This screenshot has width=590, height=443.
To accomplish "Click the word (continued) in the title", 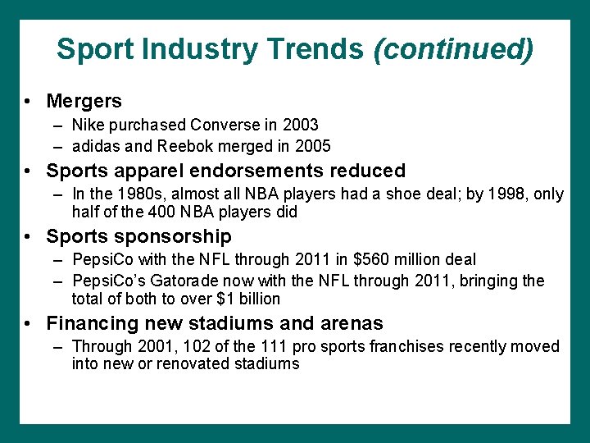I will tap(453, 49).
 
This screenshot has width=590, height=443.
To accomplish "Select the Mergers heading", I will tap(84, 101).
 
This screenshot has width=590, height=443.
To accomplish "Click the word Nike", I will tap(88, 125).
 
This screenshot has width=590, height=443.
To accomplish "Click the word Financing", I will tap(92, 323).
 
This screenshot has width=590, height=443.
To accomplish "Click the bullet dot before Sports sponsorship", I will tap(29, 237).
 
